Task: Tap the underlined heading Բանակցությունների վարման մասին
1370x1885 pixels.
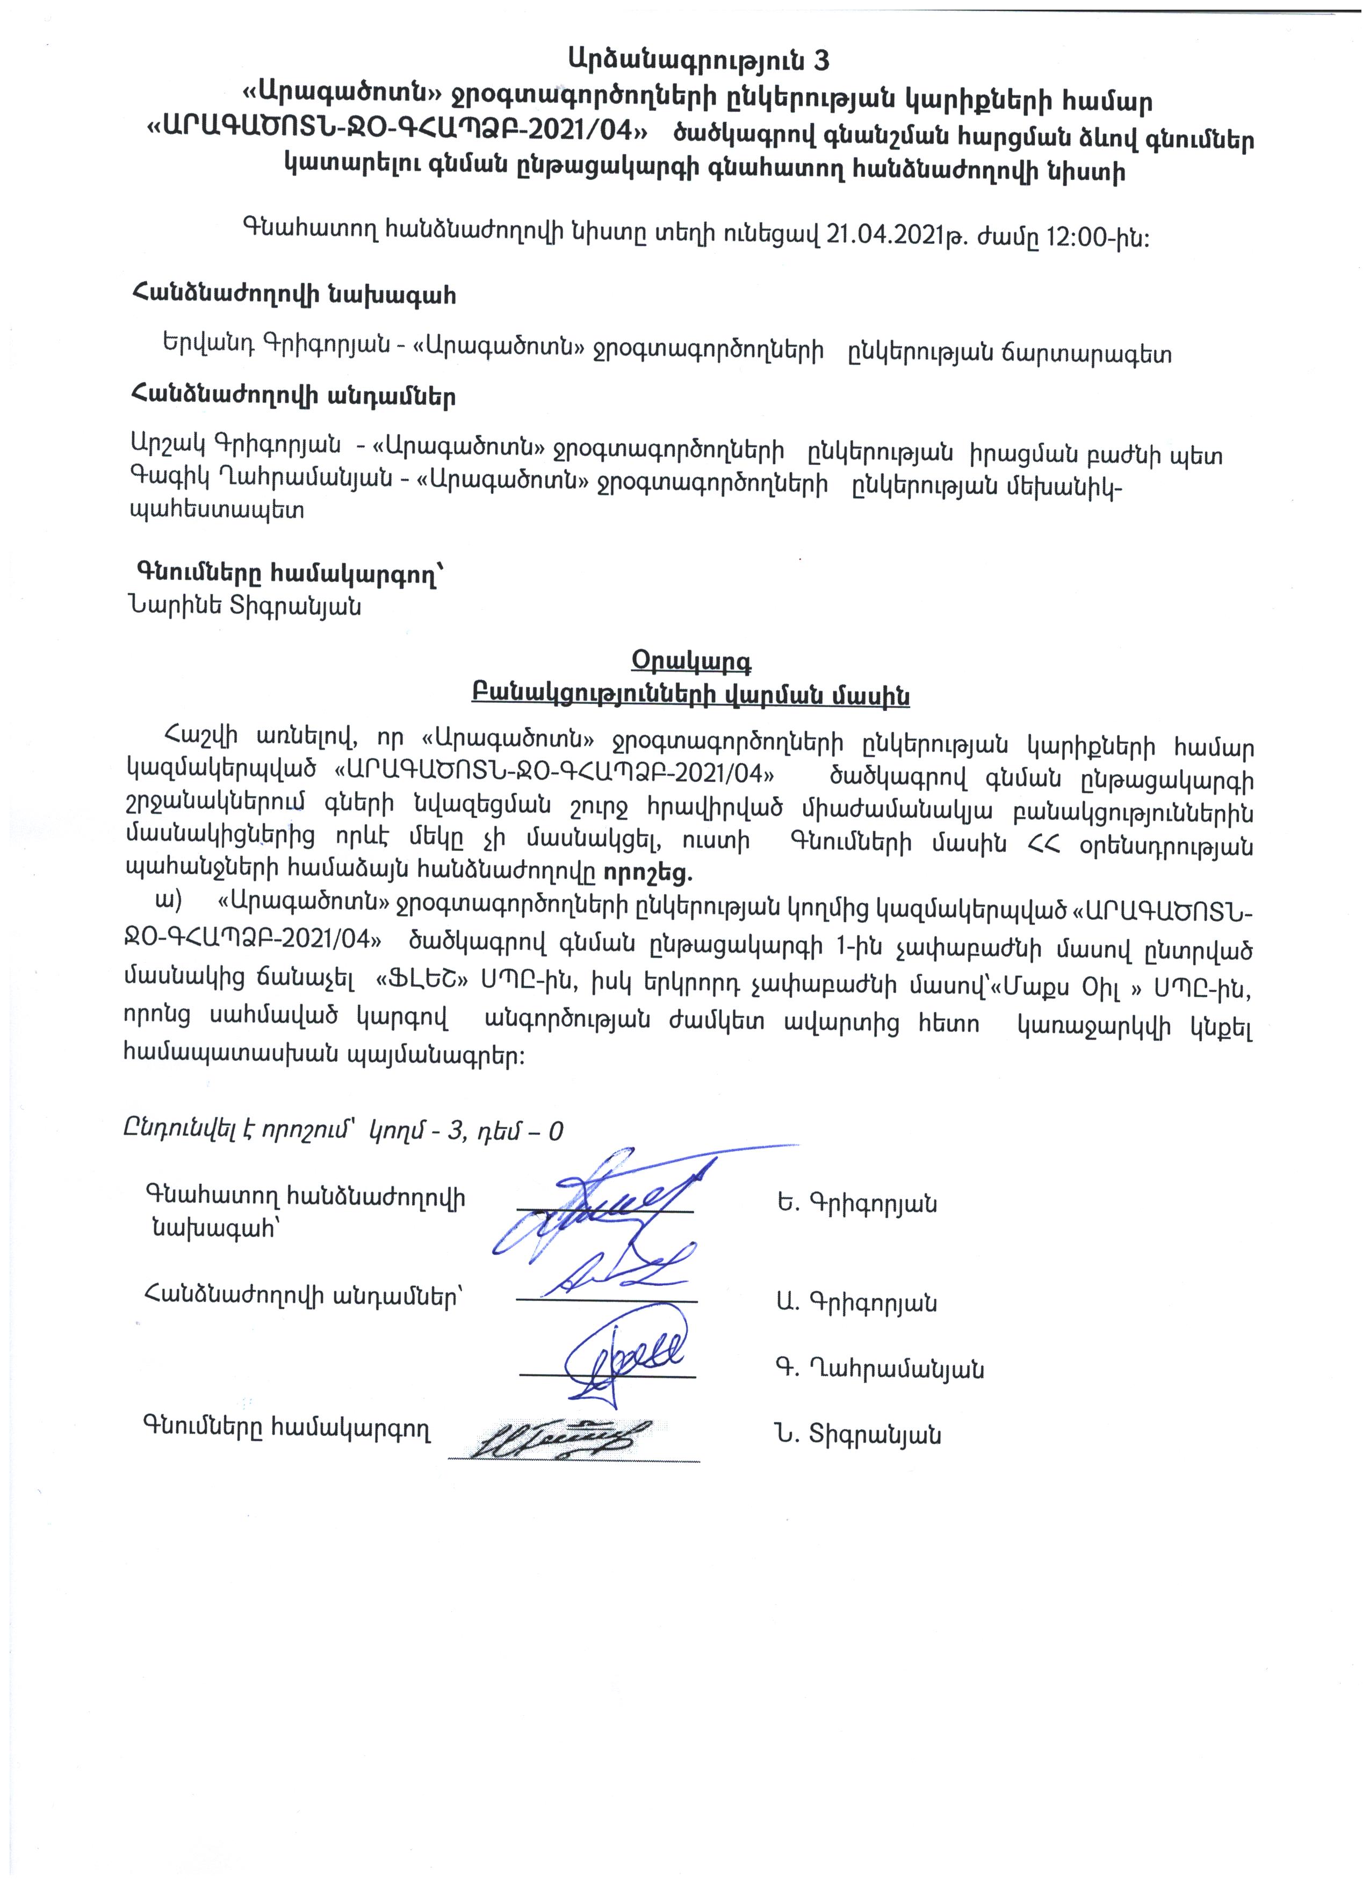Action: coord(690,695)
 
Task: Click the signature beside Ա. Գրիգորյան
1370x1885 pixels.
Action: coord(615,1280)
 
